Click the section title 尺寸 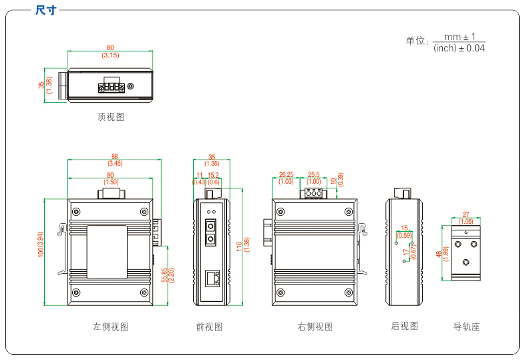pyautogui.click(x=45, y=10)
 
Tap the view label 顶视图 pyautogui.click(x=111, y=117)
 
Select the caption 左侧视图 pyautogui.click(x=111, y=327)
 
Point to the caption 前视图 pyautogui.click(x=209, y=327)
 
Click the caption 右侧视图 pyautogui.click(x=315, y=327)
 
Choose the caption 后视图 pyautogui.click(x=405, y=326)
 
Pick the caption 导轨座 pyautogui.click(x=467, y=327)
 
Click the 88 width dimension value pyautogui.click(x=115, y=156)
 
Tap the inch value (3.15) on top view pyautogui.click(x=110, y=55)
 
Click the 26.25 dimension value pyautogui.click(x=286, y=174)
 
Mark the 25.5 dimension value pyautogui.click(x=314, y=174)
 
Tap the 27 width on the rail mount pyautogui.click(x=466, y=214)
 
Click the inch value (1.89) pyautogui.click(x=446, y=254)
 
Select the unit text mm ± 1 pyautogui.click(x=459, y=37)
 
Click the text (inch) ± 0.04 pyautogui.click(x=459, y=48)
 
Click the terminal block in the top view pyautogui.click(x=112, y=86)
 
